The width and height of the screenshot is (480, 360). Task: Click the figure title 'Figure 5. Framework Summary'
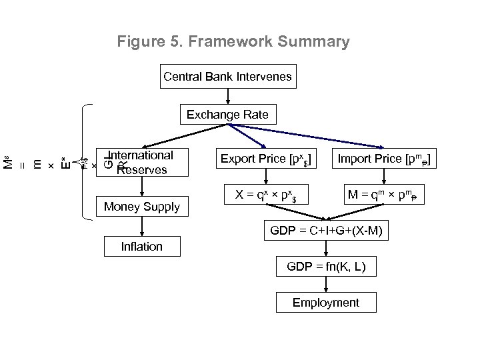tap(233, 42)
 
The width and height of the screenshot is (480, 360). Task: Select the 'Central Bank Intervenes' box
tap(227, 77)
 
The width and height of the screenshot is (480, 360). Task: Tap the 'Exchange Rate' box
tap(227, 115)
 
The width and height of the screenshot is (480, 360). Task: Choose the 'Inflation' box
tap(141, 247)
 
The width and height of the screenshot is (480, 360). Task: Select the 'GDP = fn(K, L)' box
tap(326, 267)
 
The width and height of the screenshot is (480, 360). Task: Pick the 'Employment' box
tap(326, 303)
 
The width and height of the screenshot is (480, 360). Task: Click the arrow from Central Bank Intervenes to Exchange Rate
tap(227, 96)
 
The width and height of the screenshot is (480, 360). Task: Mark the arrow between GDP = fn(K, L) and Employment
tap(326, 285)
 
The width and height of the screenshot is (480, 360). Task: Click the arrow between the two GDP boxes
tap(326, 250)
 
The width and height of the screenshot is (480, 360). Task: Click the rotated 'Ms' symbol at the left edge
tap(8, 162)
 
